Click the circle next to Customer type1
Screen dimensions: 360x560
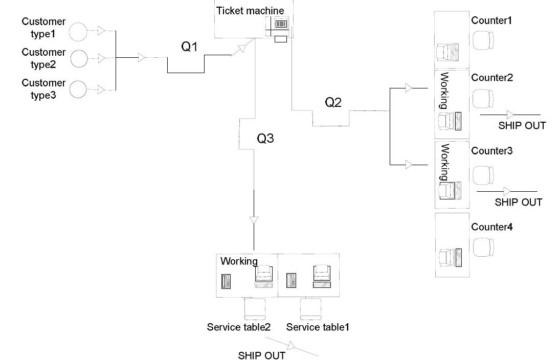tap(79, 32)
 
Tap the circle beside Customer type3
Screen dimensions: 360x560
tap(79, 89)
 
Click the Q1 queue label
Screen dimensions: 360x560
tap(190, 47)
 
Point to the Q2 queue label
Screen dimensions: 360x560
tap(333, 102)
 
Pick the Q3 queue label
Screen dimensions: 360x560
tap(265, 139)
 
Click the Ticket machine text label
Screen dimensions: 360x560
tap(250, 11)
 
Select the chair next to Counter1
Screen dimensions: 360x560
tap(483, 40)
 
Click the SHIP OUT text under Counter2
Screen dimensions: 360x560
tap(522, 126)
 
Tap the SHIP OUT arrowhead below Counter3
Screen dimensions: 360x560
tap(506, 191)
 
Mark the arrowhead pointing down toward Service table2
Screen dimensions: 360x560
tap(254, 220)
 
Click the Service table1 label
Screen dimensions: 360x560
tap(318, 327)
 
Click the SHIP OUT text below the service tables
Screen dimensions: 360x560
tap(262, 355)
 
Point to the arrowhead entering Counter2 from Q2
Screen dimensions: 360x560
tap(409, 88)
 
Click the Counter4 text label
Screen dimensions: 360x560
tap(491, 227)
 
